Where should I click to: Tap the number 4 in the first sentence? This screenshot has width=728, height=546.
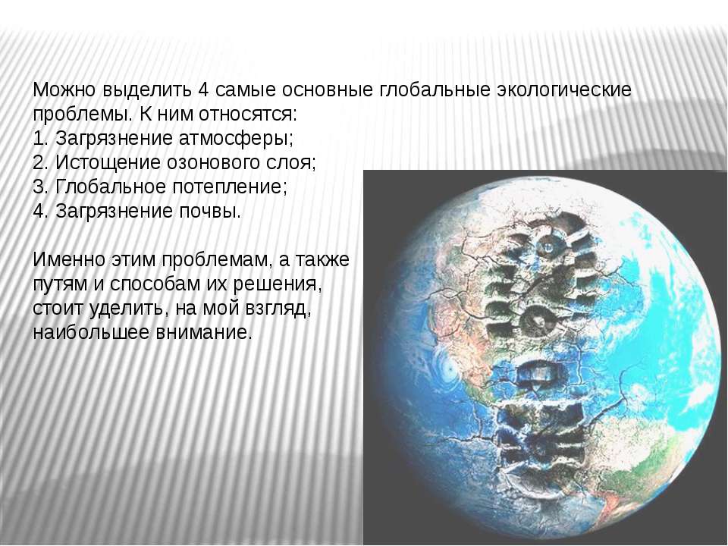click(x=202, y=89)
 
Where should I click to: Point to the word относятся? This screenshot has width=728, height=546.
click(x=247, y=115)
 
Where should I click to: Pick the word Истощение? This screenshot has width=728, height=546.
click(x=108, y=163)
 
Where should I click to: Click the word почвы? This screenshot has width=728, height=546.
click(x=210, y=212)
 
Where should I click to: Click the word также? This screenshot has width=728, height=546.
click(x=321, y=259)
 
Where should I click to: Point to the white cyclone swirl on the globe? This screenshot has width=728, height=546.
click(x=448, y=369)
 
